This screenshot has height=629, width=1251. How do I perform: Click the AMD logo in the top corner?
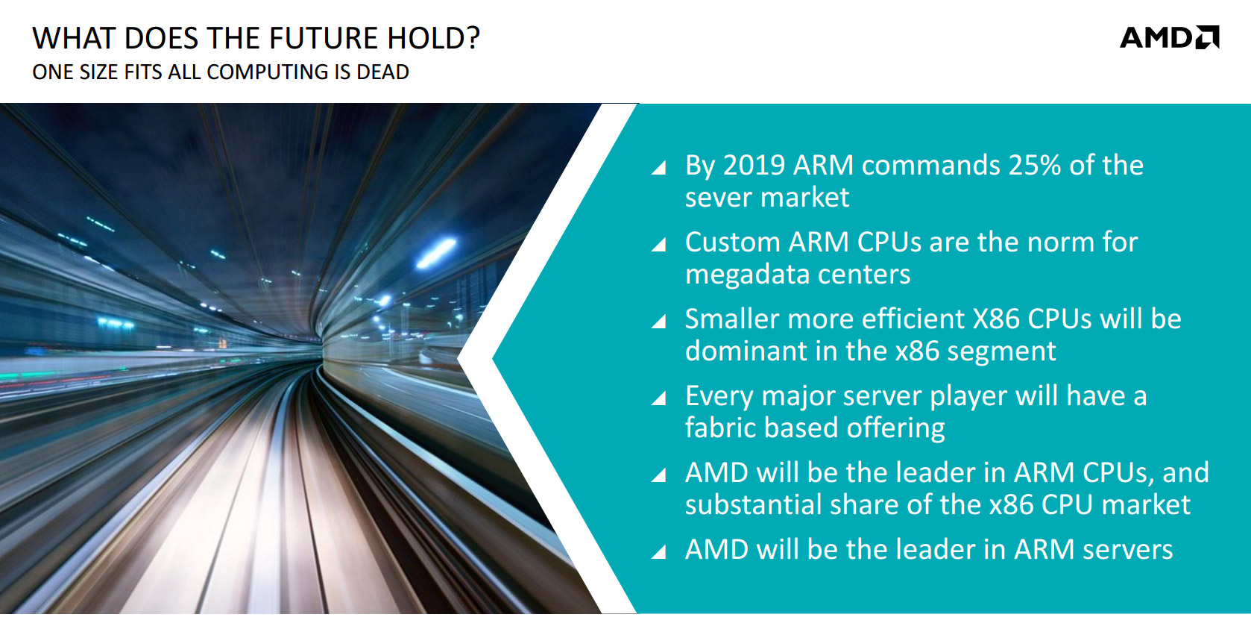tap(1170, 37)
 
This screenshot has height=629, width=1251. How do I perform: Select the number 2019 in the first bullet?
tap(754, 166)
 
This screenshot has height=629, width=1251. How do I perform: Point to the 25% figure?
tap(1034, 166)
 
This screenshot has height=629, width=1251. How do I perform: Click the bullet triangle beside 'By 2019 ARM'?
tap(659, 167)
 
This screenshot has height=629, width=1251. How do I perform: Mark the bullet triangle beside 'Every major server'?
tap(659, 398)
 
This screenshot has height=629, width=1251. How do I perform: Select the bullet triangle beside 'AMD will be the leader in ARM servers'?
tap(659, 551)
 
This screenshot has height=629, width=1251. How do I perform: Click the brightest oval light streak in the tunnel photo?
tap(436, 252)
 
